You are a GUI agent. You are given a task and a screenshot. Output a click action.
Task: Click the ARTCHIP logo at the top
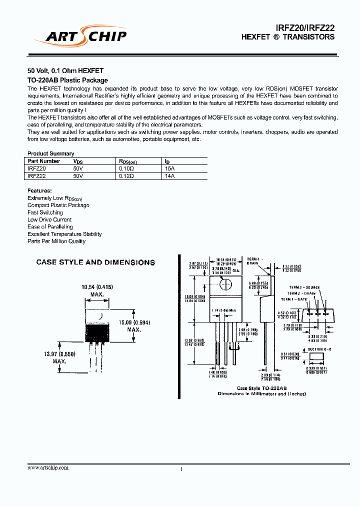[80, 35]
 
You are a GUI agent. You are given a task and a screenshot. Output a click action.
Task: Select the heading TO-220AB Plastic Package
[67, 80]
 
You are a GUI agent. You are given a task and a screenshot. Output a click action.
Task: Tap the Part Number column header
[44, 161]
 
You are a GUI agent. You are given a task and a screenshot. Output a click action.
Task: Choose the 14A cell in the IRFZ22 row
[170, 176]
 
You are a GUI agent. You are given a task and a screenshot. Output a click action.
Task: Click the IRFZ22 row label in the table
[36, 176]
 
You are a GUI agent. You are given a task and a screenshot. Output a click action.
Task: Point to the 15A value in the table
[170, 169]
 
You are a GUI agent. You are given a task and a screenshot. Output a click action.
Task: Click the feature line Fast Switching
[45, 212]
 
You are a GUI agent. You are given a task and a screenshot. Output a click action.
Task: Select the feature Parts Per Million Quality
[56, 241]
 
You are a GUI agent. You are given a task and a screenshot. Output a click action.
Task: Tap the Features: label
[39, 190]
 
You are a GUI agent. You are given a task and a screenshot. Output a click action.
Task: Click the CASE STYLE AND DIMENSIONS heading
[95, 262]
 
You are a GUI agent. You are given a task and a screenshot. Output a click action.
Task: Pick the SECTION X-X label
[319, 349]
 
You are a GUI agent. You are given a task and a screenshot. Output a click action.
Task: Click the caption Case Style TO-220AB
[261, 388]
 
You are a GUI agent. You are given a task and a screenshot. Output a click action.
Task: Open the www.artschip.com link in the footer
[48, 467]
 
